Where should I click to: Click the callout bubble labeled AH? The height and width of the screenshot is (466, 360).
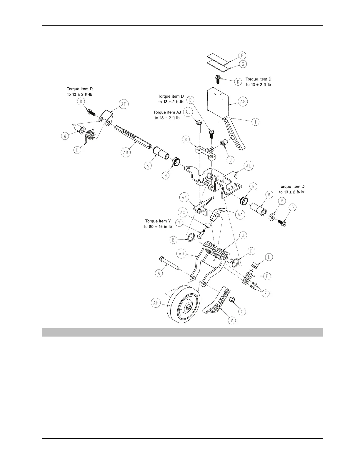(157, 303)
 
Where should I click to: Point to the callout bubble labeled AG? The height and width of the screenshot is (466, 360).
(243, 101)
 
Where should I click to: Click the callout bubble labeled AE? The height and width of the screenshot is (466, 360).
(249, 166)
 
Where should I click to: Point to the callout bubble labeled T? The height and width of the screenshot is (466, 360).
(255, 122)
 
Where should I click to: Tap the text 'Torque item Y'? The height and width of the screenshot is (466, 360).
(158, 221)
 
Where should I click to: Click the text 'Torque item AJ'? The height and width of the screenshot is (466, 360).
(167, 112)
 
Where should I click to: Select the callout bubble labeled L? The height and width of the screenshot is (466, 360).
(269, 257)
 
